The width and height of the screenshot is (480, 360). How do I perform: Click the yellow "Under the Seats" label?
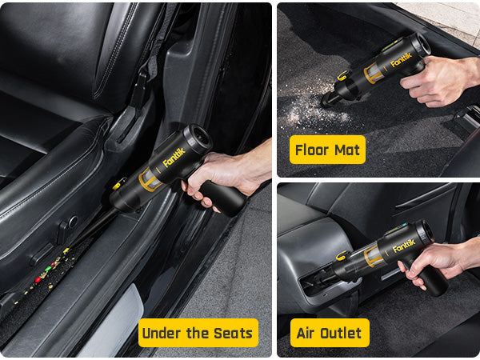point(198,333)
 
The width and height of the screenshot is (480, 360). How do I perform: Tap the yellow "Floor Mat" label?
point(327,150)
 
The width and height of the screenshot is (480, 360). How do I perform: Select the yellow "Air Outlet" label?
point(330,333)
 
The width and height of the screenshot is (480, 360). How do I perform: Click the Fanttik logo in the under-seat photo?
point(174,158)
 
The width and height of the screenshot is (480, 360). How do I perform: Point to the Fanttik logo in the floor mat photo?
point(402,59)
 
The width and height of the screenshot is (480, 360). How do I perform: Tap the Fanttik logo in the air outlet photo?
point(404,246)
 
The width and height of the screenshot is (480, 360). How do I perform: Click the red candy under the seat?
point(38,279)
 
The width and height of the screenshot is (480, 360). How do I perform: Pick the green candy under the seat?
point(48,269)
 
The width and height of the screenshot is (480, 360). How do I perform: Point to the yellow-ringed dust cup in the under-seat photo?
point(150,179)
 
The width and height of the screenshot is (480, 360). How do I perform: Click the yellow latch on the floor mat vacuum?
point(343,75)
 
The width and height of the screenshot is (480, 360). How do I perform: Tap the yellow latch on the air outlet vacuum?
point(342,255)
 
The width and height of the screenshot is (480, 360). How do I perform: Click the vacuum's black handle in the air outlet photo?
point(432,280)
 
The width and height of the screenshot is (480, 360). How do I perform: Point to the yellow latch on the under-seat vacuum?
point(119,183)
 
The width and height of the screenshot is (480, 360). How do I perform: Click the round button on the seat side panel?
point(74,222)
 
